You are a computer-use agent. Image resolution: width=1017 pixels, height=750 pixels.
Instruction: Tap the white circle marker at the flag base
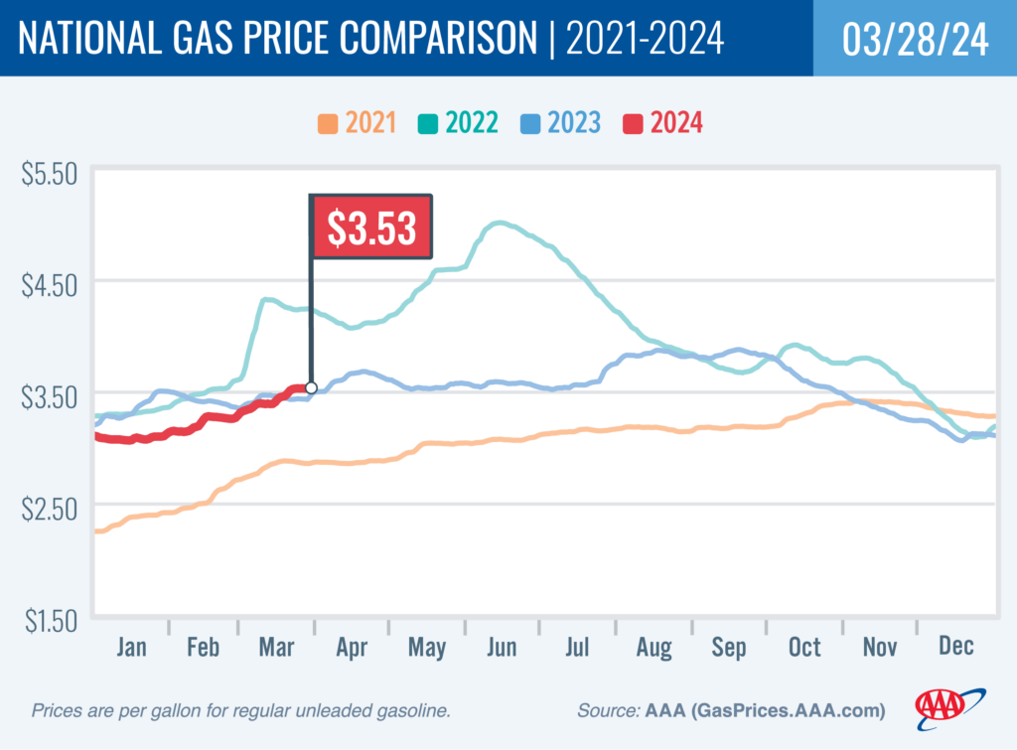pos(311,388)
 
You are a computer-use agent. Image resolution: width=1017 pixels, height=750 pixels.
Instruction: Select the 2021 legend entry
pos(357,123)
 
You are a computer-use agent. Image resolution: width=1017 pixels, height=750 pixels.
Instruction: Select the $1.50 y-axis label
pos(49,621)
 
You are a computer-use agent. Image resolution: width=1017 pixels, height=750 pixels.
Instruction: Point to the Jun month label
pos(502,648)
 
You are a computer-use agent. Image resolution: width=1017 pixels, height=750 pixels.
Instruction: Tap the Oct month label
pos(804,648)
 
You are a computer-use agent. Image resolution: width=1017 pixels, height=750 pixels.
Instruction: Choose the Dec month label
pos(954,648)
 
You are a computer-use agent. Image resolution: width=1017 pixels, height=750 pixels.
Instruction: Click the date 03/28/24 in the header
pos(915,41)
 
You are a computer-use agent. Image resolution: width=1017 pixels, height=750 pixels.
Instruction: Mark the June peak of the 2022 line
pos(500,224)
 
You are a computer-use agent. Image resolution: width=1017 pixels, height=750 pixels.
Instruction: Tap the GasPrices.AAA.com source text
pos(784,711)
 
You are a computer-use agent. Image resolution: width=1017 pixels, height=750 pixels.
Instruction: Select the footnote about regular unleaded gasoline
pos(241,711)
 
